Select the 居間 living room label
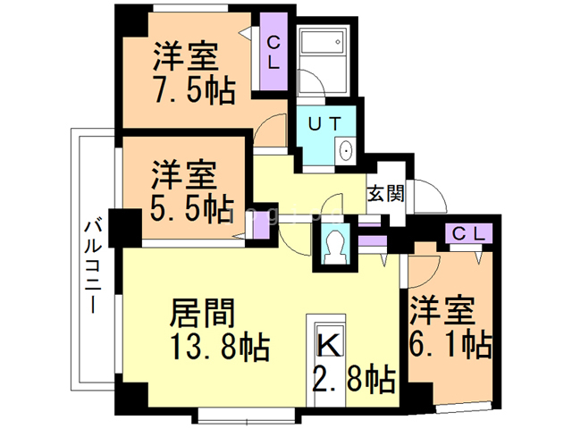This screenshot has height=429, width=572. pos(203,314)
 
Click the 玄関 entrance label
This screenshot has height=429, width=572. pos(385,193)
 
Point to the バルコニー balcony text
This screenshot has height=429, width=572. pos(93,265)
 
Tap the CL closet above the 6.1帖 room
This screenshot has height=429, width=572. pos(467,234)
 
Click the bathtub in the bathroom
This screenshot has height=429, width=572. pos(322,43)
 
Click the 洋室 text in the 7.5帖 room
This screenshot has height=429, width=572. pos(185,57)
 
